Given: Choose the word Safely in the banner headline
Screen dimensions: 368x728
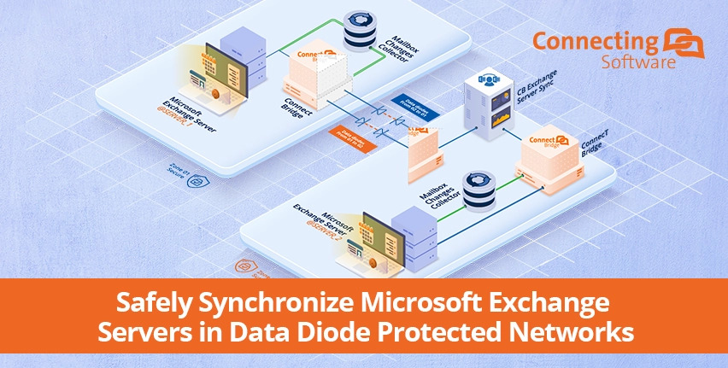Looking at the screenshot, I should (145, 303).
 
